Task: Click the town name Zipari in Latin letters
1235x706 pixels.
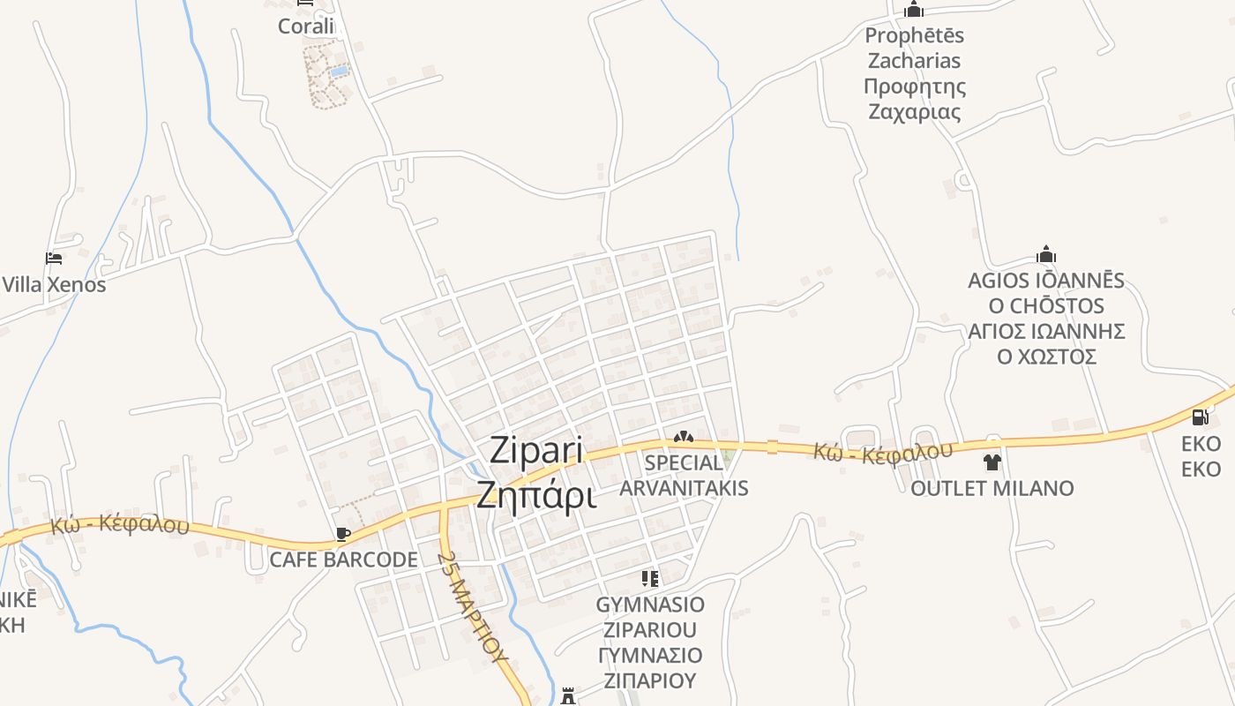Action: click(535, 451)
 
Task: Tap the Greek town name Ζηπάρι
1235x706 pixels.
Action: click(535, 495)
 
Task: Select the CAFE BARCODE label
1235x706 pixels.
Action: click(343, 560)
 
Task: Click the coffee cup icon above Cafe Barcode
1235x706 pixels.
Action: click(343, 534)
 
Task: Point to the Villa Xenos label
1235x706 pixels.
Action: click(54, 285)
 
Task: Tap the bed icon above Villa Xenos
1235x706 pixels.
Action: click(54, 259)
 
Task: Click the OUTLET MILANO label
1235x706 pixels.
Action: click(992, 488)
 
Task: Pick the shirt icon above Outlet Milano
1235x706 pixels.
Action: click(992, 462)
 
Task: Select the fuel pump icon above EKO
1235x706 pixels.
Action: click(1200, 417)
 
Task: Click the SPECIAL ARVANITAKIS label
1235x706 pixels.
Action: click(684, 475)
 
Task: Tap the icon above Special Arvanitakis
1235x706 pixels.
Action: click(683, 437)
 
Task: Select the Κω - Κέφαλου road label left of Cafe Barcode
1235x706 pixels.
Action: click(119, 524)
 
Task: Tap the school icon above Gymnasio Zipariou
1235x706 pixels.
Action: click(650, 579)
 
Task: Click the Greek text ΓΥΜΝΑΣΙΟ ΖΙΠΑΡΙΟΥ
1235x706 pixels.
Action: click(650, 667)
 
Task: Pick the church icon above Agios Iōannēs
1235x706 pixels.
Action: click(1046, 255)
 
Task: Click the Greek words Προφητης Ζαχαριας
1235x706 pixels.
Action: click(914, 100)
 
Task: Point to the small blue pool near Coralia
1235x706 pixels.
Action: click(339, 71)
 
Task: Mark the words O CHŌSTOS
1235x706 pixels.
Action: click(1046, 306)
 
